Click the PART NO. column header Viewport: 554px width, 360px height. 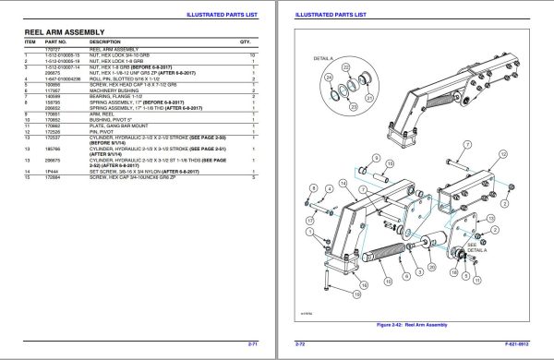pos(56,42)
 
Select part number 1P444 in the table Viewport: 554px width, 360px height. pos(53,171)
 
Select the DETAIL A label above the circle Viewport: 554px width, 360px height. pos(323,58)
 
